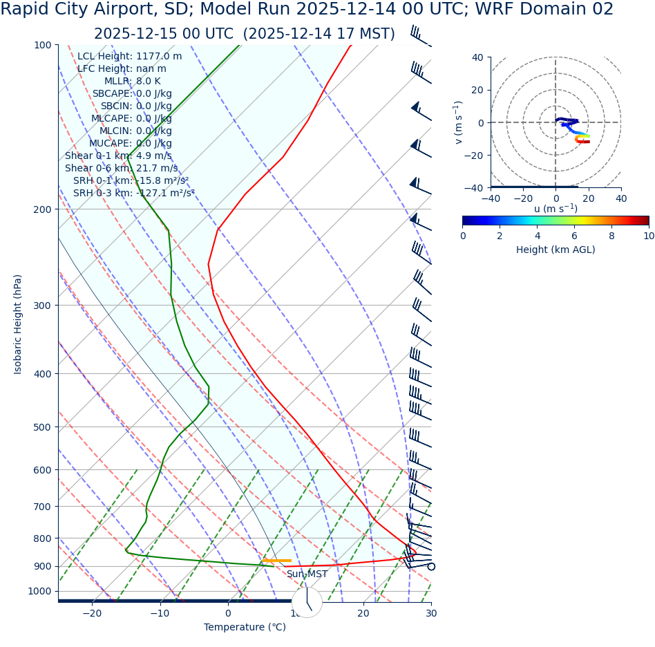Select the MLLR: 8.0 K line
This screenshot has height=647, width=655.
(132, 81)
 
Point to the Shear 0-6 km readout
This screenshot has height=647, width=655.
(121, 168)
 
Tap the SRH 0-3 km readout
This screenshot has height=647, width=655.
(134, 193)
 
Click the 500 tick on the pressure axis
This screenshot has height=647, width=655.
(42, 427)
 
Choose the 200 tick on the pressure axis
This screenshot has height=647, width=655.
(42, 209)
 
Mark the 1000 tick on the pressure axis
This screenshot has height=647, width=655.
(39, 591)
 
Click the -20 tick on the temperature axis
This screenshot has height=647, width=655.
(92, 613)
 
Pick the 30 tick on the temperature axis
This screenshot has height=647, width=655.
(431, 613)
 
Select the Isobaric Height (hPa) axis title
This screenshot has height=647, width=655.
(18, 324)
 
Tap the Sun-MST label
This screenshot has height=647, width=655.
(307, 574)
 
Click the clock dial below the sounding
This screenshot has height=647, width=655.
(307, 602)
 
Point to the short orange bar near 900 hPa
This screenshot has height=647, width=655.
(276, 561)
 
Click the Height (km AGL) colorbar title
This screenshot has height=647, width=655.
(556, 250)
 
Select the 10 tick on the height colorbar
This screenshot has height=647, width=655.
(649, 236)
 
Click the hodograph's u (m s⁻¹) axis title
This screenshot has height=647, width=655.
(556, 208)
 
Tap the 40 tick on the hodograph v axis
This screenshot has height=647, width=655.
(477, 57)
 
